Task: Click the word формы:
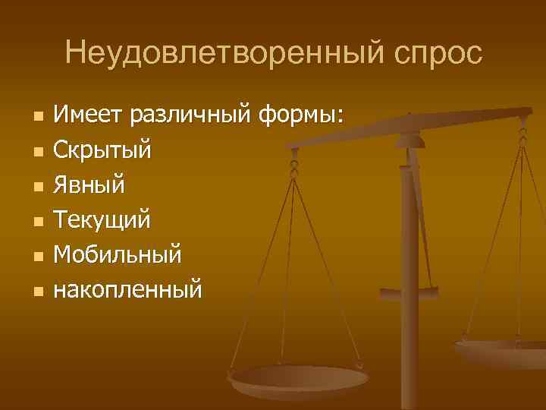[300, 115]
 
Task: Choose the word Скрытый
[102, 150]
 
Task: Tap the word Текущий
[102, 220]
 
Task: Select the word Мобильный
[118, 254]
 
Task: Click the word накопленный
[128, 289]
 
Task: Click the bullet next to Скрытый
[36, 152]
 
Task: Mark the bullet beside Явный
[36, 187]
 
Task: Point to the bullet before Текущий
[36, 222]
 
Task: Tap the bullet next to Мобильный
[36, 256]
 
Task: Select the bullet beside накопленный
[36, 291]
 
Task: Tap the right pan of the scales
[504, 351]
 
